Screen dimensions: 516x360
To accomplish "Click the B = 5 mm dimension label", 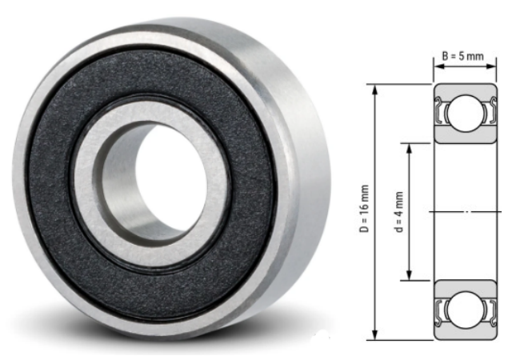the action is pos(462,56).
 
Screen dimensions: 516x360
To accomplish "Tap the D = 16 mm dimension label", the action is pos(364,209).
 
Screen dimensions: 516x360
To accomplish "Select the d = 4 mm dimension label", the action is pos(399,212).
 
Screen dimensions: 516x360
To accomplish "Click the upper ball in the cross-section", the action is pos(465,114).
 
